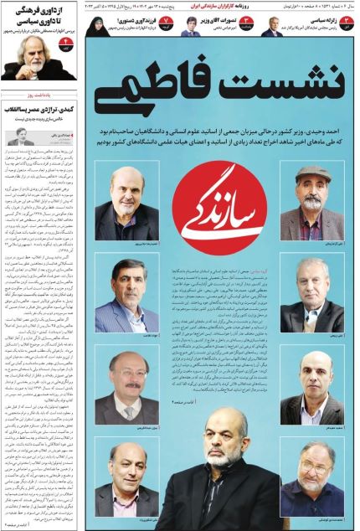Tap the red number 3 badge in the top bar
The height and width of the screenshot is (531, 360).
[x=342, y=20]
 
